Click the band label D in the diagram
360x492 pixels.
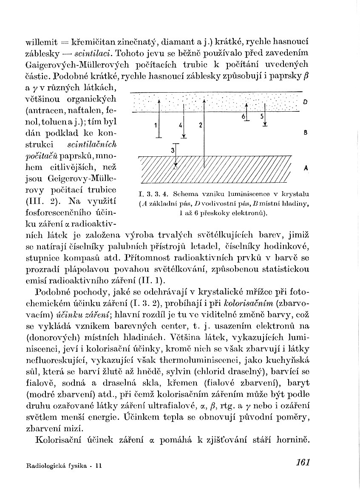point(306,102)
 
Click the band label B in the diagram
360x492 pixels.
point(306,133)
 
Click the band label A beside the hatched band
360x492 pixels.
point(306,168)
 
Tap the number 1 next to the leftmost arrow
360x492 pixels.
point(156,125)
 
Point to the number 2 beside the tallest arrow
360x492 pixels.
point(200,125)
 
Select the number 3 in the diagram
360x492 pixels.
point(172,150)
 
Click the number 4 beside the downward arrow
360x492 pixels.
point(181,125)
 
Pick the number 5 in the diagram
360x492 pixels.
point(262,116)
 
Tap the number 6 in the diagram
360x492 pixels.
point(244,116)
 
